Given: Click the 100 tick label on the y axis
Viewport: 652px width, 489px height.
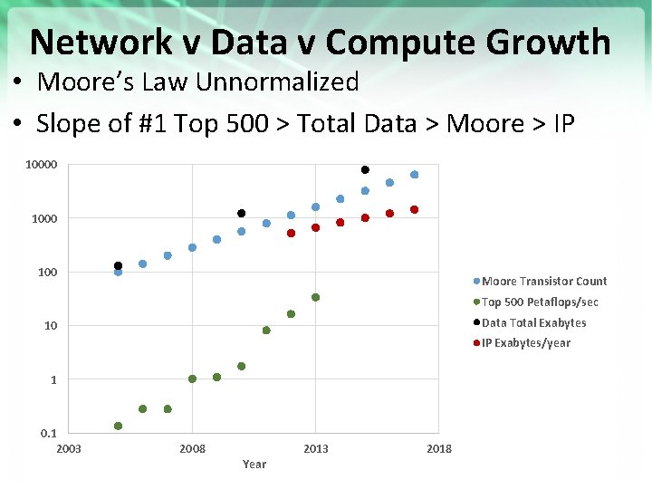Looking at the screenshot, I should click(47, 273).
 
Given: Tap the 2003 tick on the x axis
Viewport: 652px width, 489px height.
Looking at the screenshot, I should click(69, 449).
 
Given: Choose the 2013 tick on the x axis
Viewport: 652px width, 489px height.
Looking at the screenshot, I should click(316, 449).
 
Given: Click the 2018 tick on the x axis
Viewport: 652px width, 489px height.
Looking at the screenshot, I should click(439, 449).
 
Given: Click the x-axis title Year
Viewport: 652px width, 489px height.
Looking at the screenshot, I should click(254, 465).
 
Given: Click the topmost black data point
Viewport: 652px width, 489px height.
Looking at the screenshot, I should click(366, 169).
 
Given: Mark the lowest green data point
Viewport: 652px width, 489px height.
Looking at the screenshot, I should click(119, 426).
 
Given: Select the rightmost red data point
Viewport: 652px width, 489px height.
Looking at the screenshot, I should click(414, 209).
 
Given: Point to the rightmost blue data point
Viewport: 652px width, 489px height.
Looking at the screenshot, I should click(414, 175).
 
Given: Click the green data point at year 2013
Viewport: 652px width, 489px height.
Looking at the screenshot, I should click(316, 297).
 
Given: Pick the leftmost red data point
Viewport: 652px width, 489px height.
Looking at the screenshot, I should click(291, 233).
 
